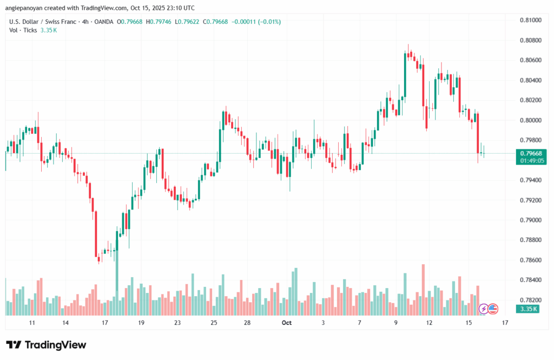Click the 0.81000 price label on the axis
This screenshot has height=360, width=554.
[530, 20]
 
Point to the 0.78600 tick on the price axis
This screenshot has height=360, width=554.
[530, 260]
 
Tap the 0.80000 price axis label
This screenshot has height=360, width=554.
[530, 120]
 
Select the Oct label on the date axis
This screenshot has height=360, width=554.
[287, 323]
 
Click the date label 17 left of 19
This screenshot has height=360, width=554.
[103, 323]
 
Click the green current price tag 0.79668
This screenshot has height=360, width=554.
[530, 154]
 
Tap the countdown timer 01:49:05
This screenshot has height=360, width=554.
[530, 161]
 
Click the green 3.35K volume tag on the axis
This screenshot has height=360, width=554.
[527, 309]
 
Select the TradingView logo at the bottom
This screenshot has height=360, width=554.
[46, 345]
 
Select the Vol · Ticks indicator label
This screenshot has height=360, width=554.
[23, 30]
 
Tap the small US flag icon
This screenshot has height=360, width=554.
[493, 309]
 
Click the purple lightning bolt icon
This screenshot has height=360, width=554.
[483, 309]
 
